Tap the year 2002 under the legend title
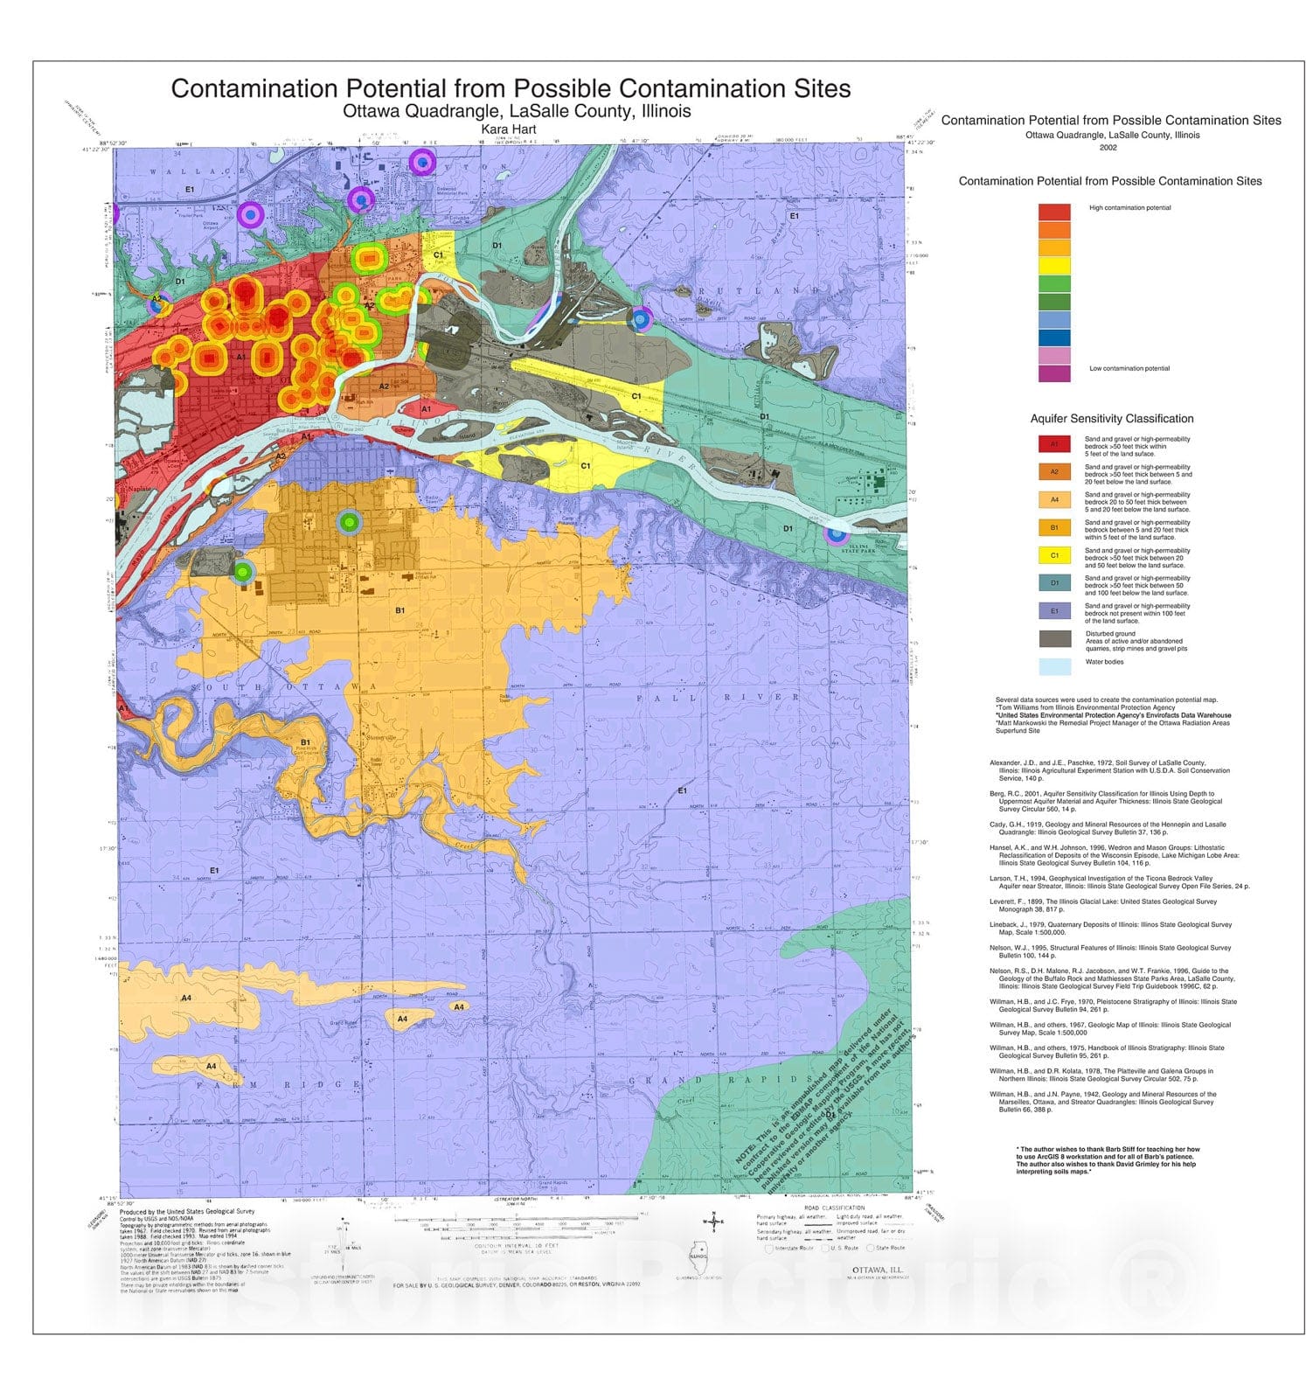tap(1108, 147)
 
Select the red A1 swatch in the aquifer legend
tap(1053, 444)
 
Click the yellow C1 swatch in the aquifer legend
tap(1053, 555)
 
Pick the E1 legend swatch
tap(1053, 611)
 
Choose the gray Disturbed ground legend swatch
tap(1053, 638)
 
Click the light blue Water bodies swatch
tap(1053, 666)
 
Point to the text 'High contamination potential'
tap(1129, 208)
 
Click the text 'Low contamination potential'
tap(1129, 368)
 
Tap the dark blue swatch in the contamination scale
tap(1053, 338)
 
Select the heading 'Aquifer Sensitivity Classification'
tap(1111, 419)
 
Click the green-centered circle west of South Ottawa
tap(243, 572)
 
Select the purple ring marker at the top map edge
tap(421, 162)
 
